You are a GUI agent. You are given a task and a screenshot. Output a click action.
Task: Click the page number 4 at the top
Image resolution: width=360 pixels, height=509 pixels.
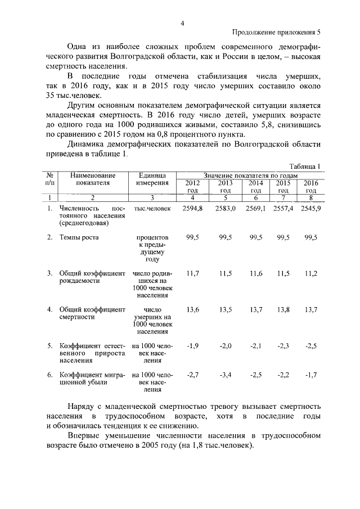182,23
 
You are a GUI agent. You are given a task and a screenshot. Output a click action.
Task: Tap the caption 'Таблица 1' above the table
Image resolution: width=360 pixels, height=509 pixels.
304,166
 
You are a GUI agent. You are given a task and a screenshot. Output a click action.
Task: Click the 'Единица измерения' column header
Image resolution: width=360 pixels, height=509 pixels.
152,179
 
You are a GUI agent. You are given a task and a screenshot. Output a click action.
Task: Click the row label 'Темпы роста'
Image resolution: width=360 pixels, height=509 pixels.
79,237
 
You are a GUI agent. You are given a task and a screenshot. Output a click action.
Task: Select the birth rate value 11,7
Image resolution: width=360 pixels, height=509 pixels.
192,273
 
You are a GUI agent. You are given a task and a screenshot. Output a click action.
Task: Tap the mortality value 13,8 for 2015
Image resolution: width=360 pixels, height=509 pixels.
283,310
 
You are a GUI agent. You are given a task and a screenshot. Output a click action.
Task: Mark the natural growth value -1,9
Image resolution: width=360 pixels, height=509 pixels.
192,346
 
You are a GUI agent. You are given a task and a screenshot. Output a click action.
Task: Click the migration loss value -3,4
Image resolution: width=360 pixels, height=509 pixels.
225,374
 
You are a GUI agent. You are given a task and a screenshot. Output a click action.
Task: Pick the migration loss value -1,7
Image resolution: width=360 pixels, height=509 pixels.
310,374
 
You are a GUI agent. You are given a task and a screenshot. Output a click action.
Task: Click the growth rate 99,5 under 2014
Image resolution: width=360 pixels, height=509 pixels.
256,237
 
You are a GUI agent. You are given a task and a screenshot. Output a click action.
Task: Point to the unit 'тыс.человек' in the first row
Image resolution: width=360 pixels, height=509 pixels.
152,209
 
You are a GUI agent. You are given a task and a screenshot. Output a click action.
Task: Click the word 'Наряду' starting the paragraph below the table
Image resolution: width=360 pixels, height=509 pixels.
83,406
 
